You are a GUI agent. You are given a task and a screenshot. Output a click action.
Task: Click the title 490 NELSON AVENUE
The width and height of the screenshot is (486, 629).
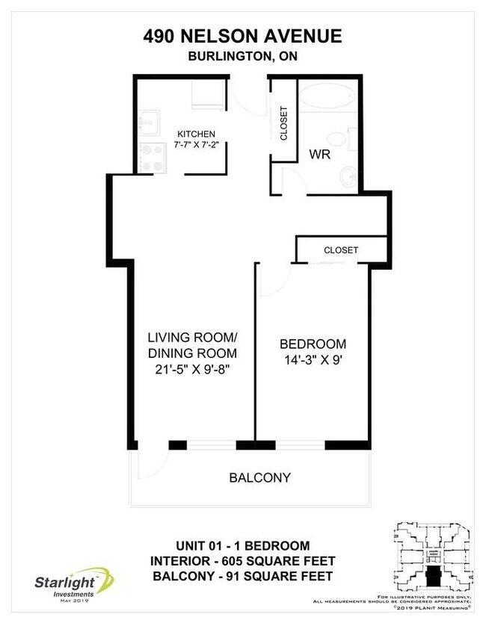pos(242,36)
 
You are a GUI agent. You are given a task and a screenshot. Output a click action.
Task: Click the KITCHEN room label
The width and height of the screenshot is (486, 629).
pos(196,134)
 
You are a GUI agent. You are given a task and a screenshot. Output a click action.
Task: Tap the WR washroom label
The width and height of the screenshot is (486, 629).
pos(320,155)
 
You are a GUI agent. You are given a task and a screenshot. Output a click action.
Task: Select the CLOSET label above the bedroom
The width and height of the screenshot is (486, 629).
pos(341,250)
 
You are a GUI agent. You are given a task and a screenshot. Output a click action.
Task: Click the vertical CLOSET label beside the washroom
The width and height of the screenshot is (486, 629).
pos(283,122)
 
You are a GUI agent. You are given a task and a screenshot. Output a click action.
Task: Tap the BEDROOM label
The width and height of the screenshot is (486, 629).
pos(313,344)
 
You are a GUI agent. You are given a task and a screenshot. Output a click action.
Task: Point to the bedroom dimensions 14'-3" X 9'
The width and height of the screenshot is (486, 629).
pos(313,361)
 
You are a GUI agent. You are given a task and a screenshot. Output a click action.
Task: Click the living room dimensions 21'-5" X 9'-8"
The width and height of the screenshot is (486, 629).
pos(192,369)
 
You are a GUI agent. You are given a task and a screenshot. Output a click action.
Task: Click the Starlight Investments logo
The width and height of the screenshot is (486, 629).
pos(71,583)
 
